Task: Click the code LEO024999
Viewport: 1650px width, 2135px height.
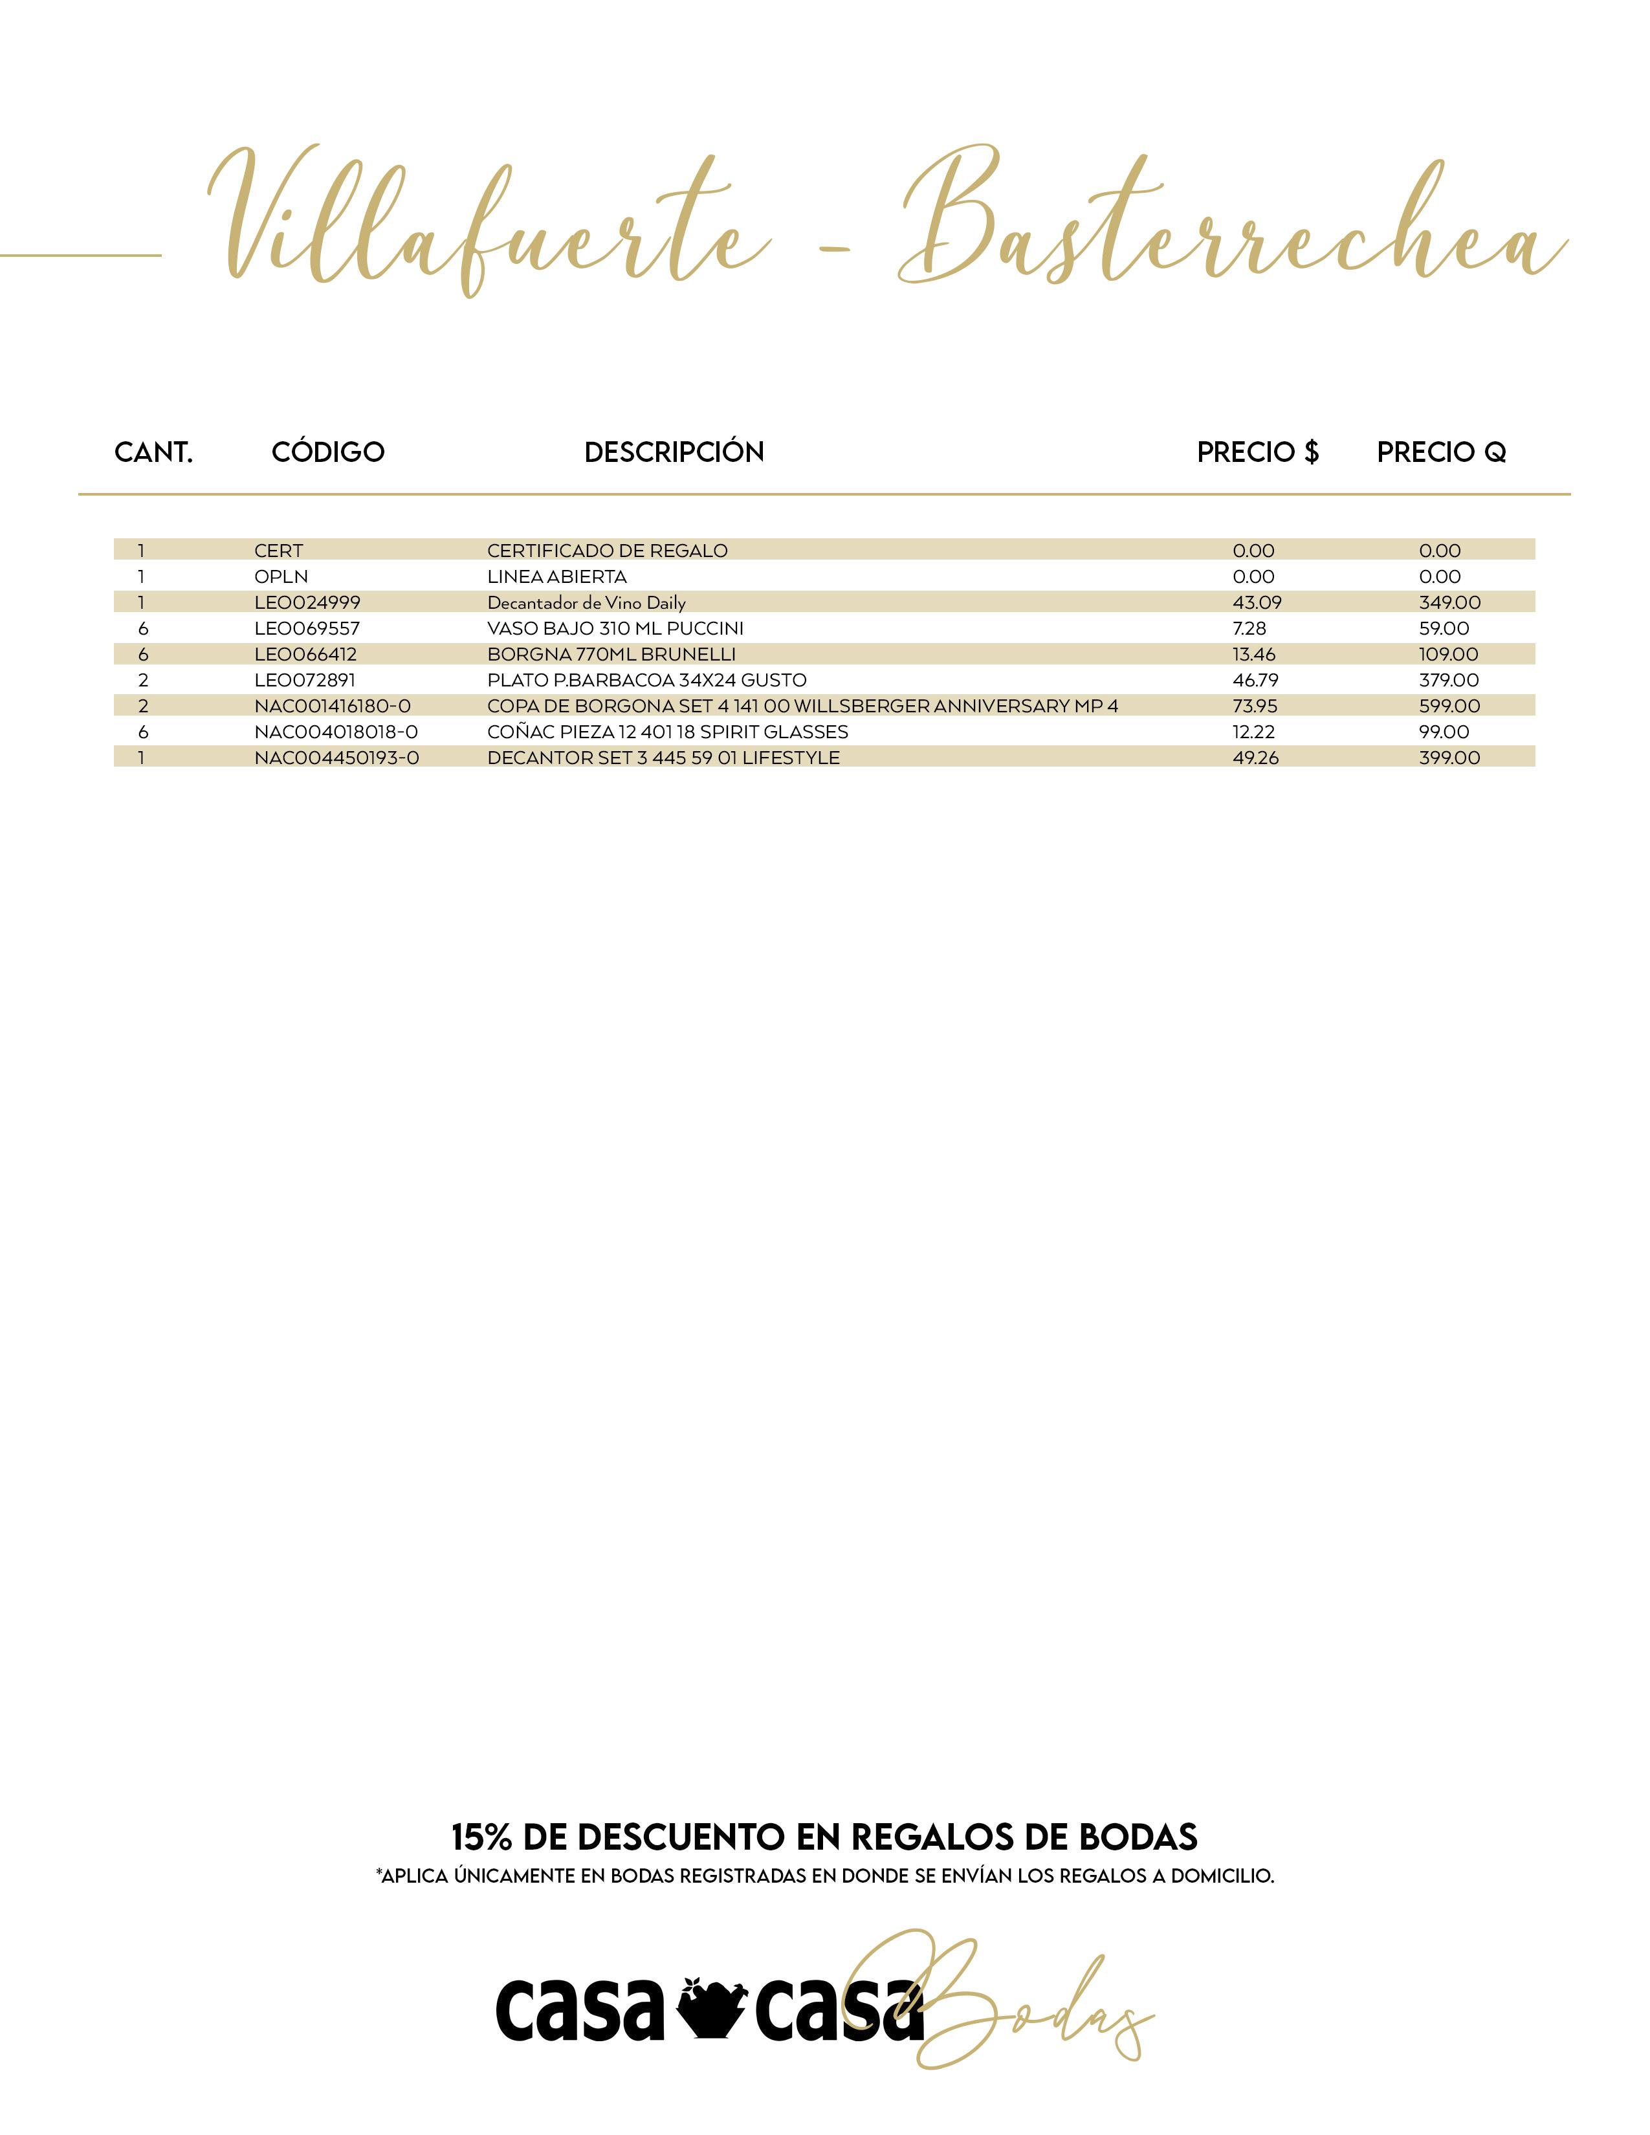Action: click(307, 602)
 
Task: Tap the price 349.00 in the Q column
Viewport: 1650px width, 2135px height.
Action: click(1449, 602)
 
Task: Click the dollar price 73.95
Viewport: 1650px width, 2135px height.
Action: click(1254, 706)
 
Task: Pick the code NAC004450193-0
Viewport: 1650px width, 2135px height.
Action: click(336, 758)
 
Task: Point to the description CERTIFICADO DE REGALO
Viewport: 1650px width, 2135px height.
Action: click(607, 551)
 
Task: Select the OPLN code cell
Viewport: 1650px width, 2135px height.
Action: click(281, 576)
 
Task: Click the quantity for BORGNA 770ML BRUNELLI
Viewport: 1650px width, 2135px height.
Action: click(143, 654)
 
